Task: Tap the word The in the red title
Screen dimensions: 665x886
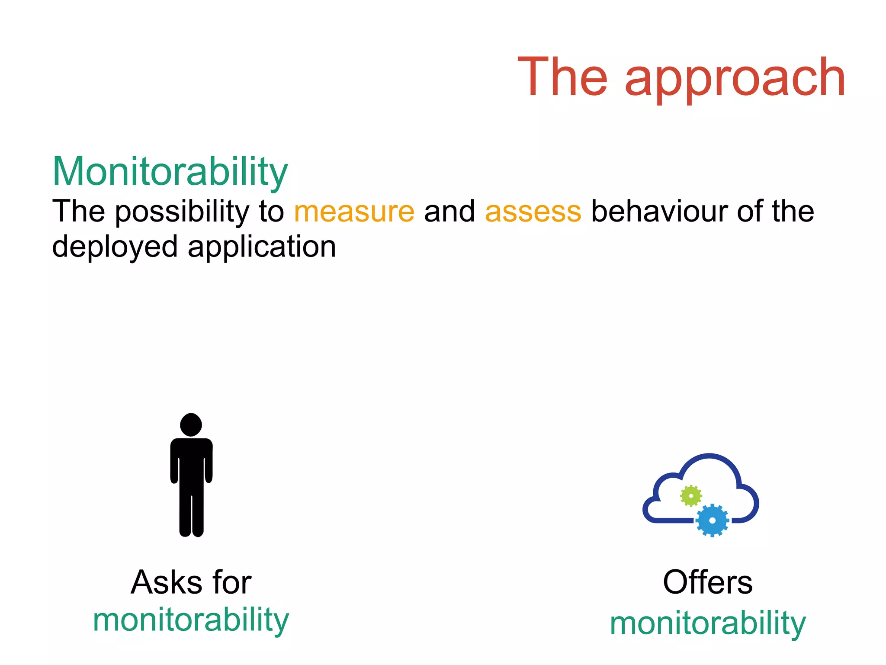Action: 562,77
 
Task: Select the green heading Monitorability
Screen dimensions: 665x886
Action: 170,172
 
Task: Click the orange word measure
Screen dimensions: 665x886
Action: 354,212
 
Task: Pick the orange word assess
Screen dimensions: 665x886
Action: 533,212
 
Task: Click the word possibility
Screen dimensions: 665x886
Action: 182,212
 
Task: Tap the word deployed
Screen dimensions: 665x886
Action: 115,247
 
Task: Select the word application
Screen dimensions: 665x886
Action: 262,247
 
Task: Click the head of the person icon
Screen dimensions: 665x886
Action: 191,424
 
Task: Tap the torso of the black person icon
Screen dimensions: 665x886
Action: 191,465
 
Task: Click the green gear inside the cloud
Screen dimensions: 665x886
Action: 691,495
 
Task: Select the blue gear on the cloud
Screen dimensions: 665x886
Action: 712,520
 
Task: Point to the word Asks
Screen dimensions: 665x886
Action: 167,582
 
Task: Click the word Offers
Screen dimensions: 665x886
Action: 708,582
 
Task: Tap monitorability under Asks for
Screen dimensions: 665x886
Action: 191,620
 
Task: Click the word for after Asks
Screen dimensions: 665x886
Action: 232,582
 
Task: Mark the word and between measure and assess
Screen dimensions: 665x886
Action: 449,212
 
